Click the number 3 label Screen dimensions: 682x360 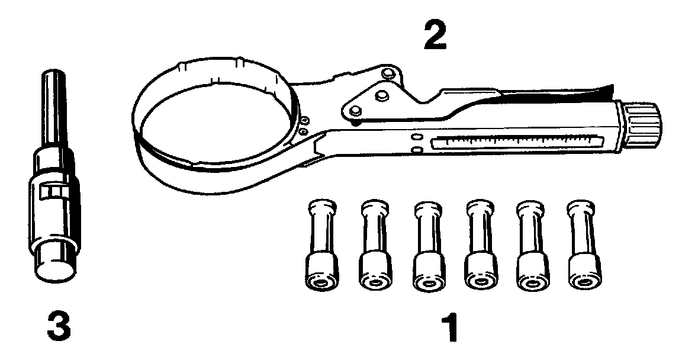click(x=57, y=326)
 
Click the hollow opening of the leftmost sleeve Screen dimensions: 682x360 click(x=321, y=283)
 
